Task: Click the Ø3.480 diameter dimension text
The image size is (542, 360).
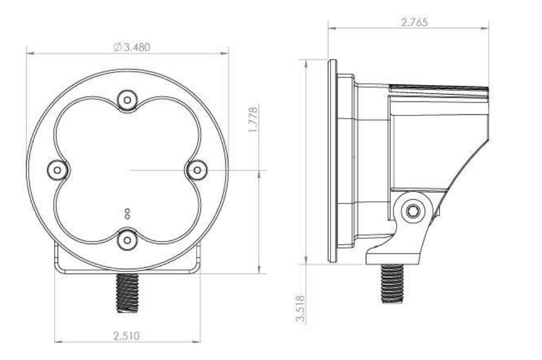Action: point(132,47)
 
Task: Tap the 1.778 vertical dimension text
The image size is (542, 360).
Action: point(254,120)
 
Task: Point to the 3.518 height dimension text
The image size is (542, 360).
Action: point(301,308)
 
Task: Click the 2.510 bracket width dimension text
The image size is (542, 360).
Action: point(127,335)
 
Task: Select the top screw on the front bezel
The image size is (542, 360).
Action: point(127,99)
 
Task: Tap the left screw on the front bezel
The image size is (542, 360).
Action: point(57,170)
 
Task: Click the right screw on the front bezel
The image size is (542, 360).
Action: point(197,170)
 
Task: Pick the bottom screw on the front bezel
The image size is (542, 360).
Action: point(127,240)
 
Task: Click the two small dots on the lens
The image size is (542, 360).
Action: point(127,214)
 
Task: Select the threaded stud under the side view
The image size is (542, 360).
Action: point(392,283)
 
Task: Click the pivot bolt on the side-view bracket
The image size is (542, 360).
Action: point(412,210)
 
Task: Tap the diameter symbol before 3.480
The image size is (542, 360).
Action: point(117,47)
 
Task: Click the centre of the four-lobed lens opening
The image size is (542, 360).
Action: point(127,170)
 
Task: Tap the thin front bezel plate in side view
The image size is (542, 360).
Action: point(332,160)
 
